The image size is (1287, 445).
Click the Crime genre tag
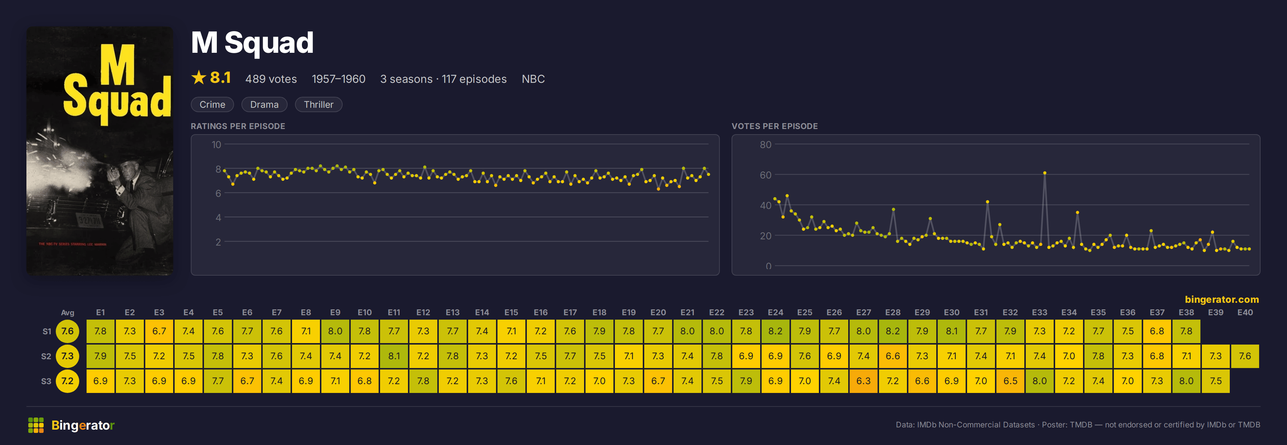[212, 104]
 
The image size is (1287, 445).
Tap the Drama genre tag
[264, 104]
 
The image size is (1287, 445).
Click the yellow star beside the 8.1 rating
[199, 77]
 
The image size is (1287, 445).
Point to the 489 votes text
[271, 79]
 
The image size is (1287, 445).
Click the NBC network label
[533, 79]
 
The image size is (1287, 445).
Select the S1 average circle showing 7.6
[68, 331]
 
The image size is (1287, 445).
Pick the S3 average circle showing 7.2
[68, 381]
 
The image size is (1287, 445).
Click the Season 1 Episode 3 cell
[159, 331]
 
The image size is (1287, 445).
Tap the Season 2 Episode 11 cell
[394, 356]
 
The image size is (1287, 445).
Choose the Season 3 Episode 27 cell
[863, 381]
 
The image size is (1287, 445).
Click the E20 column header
[658, 312]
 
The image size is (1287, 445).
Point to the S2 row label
[46, 356]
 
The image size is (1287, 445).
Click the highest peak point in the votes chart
[1045, 173]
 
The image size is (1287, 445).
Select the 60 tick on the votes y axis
[765, 175]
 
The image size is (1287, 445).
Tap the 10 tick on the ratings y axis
[216, 144]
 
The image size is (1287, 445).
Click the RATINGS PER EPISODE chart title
[238, 126]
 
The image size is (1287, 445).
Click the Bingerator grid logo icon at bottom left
[36, 425]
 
